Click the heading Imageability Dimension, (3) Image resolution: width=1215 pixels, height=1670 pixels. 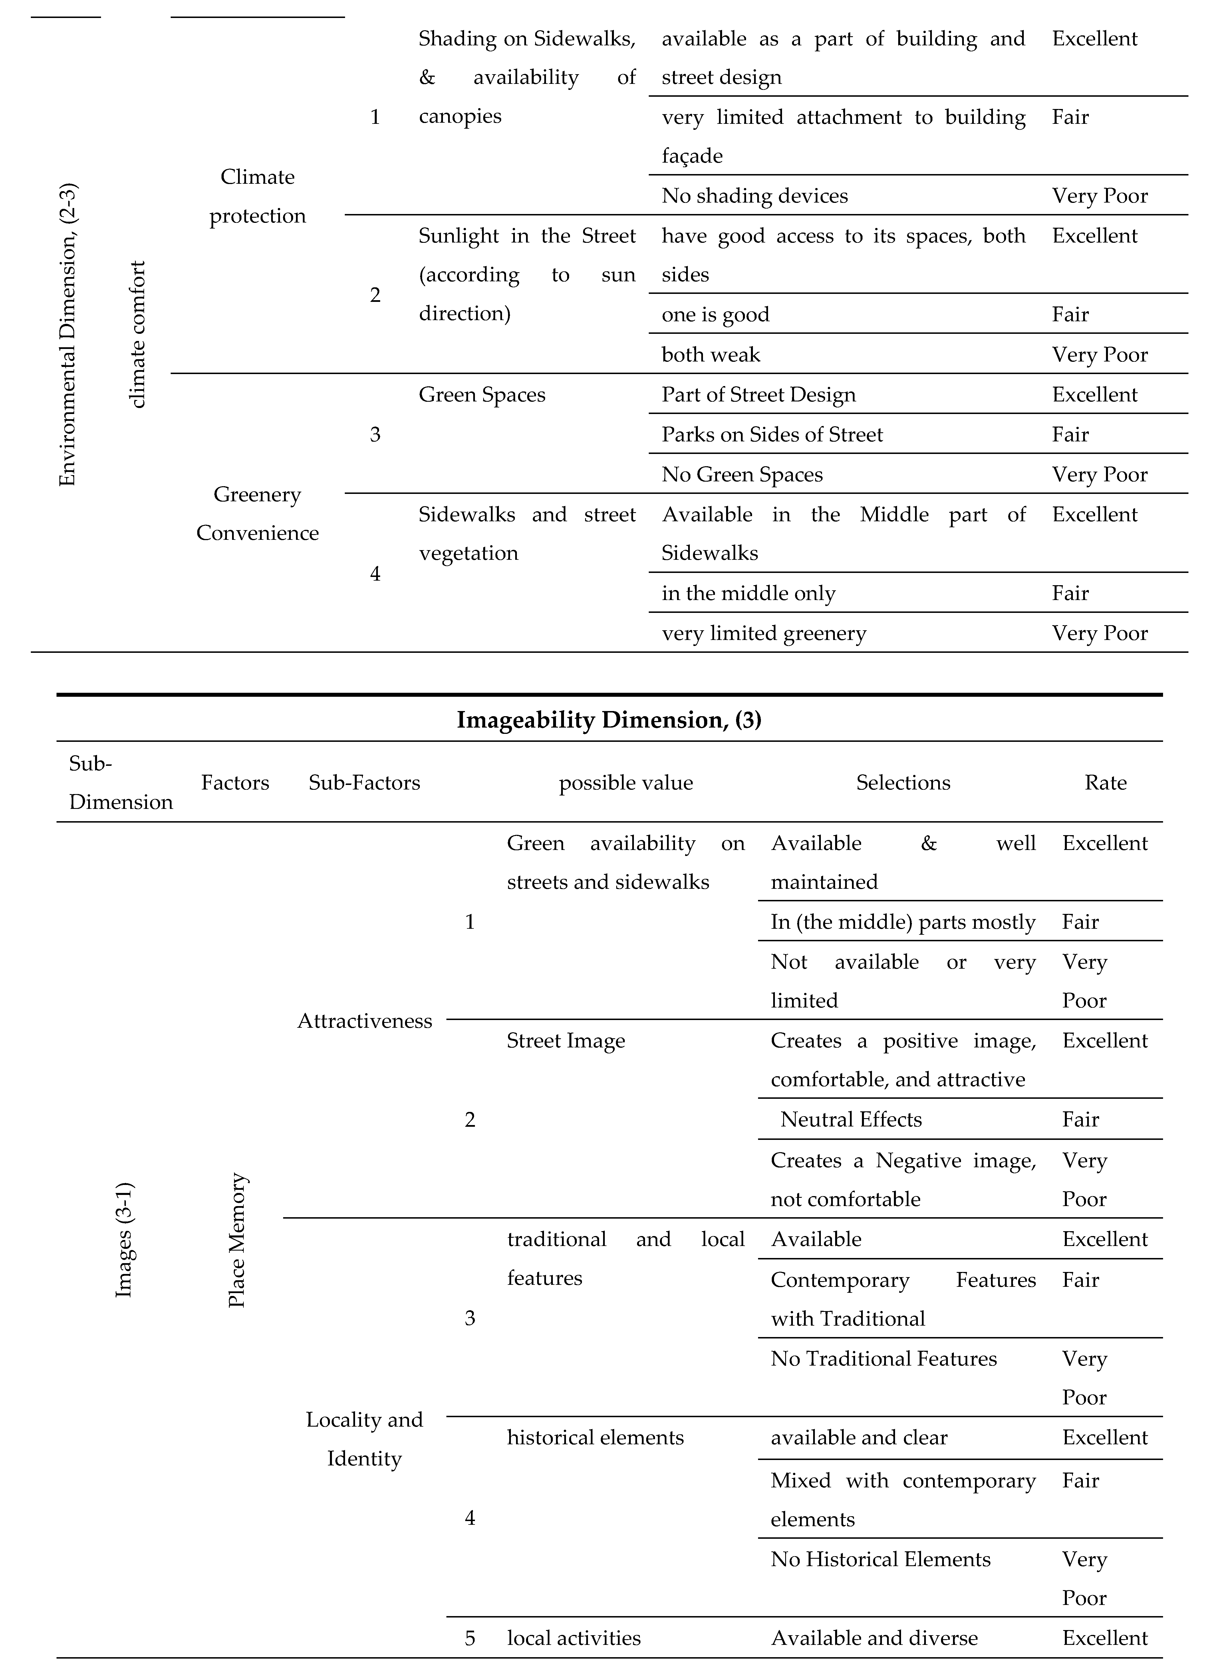[609, 719]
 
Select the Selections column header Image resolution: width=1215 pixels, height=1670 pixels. [903, 783]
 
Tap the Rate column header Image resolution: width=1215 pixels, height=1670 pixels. [1105, 783]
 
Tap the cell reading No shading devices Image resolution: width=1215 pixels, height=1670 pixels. [755, 196]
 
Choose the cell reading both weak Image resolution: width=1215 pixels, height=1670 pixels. [711, 355]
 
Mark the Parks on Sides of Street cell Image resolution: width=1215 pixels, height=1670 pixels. [772, 435]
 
